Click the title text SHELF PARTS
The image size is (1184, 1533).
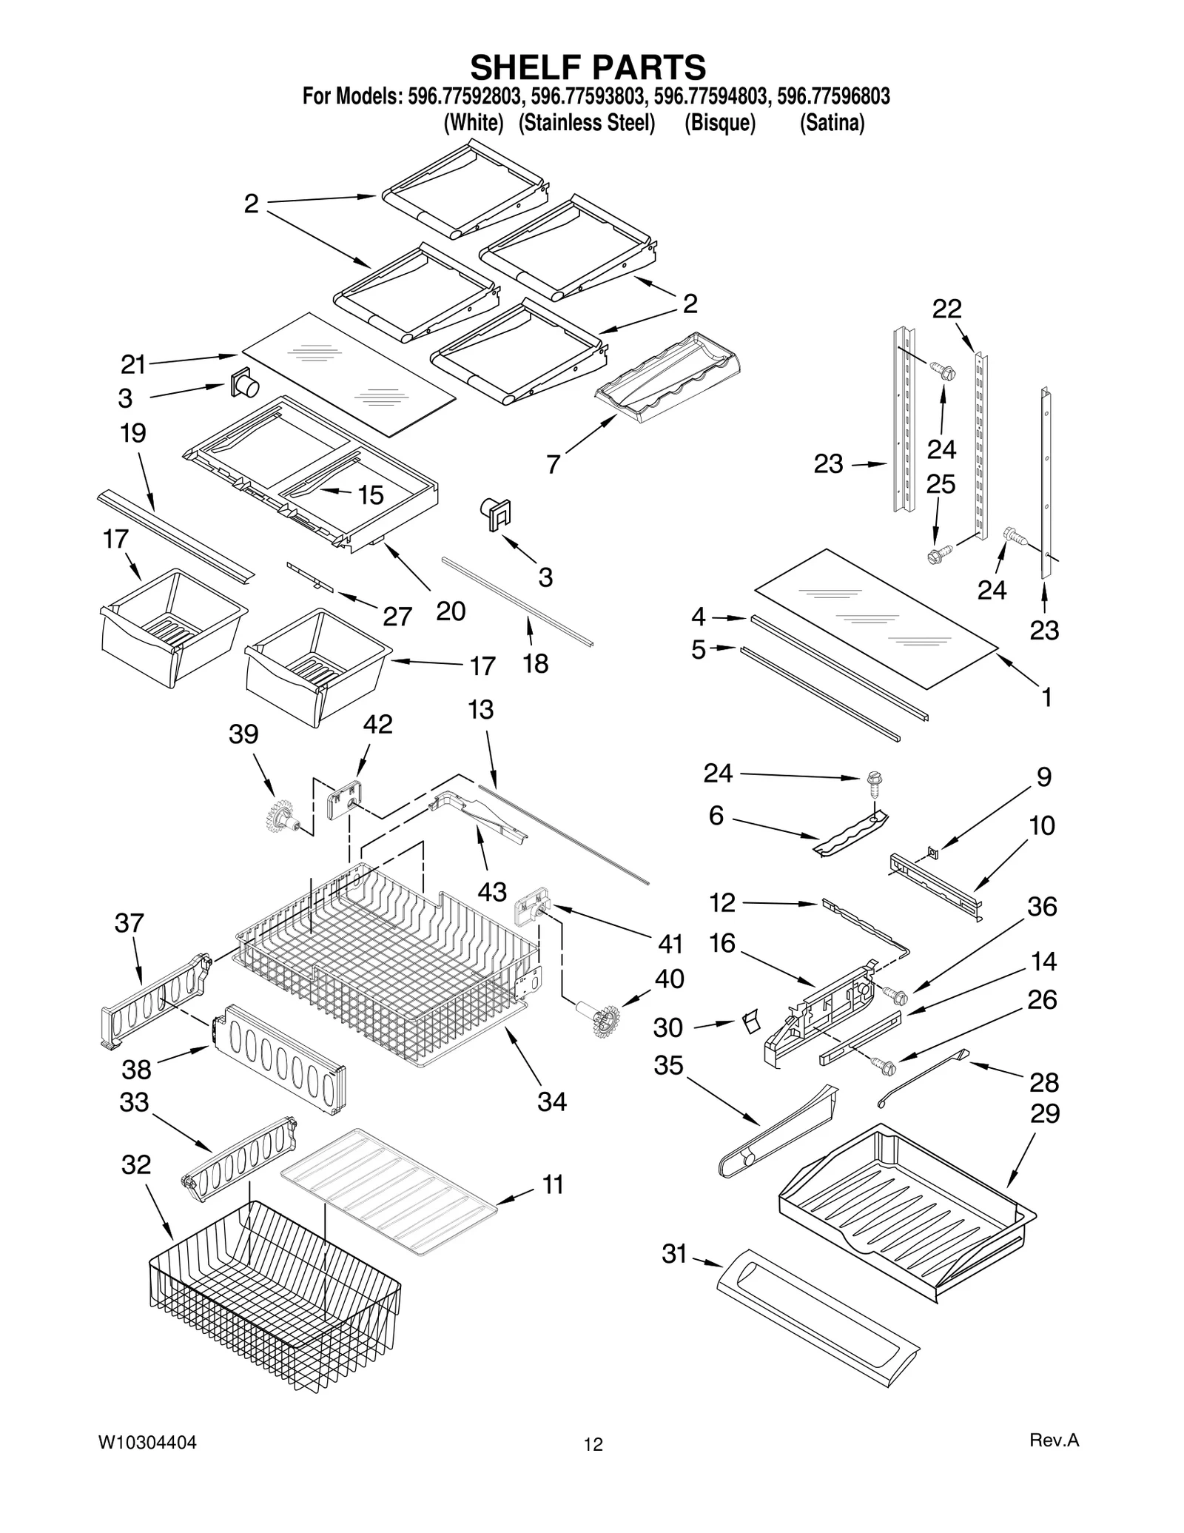coord(588,67)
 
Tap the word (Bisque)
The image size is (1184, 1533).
coord(719,123)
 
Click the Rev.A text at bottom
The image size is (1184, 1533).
coord(1054,1440)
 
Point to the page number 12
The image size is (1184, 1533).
coord(593,1444)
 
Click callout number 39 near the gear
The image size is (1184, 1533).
coord(243,734)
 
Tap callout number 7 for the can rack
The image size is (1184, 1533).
coord(553,464)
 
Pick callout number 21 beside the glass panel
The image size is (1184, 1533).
coord(133,364)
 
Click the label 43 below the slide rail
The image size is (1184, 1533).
coord(491,892)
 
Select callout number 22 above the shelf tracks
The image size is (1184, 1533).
coord(946,309)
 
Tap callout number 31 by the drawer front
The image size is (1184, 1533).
coord(674,1254)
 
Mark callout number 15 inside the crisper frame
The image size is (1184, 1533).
coord(371,494)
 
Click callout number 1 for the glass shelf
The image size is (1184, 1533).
coord(1046,697)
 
